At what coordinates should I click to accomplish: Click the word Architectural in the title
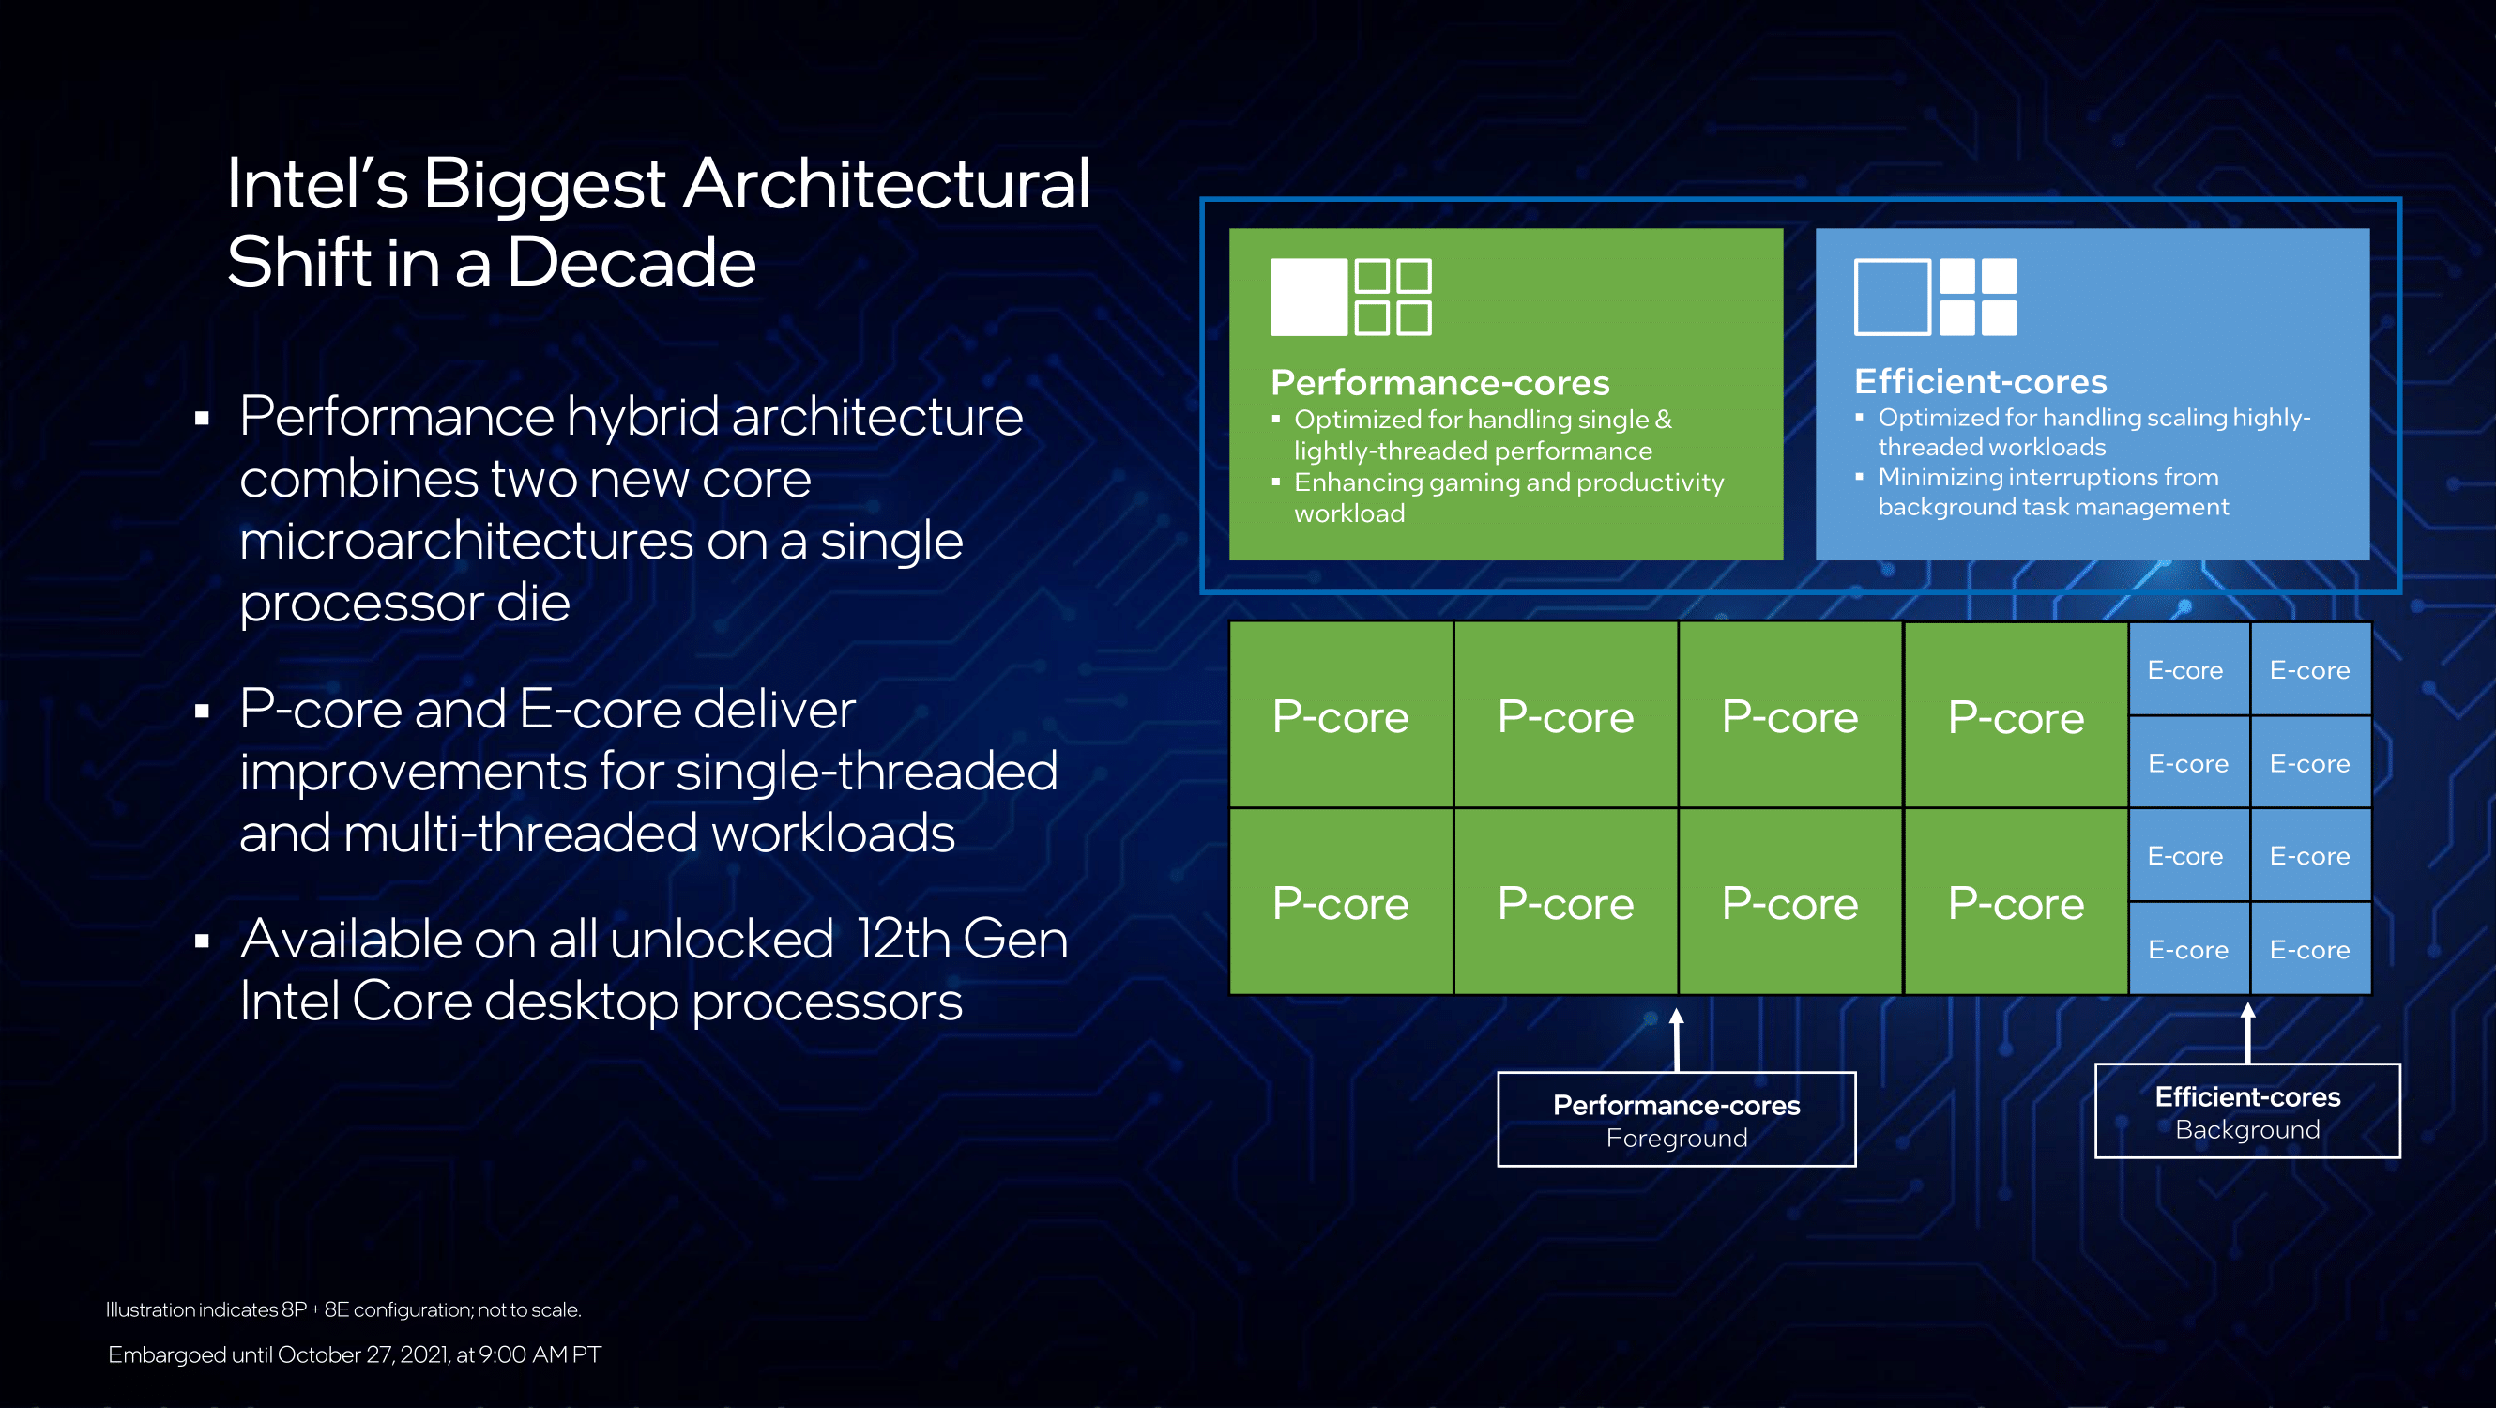887,184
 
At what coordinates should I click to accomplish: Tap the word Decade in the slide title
631,263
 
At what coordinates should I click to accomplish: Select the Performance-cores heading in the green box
1439,383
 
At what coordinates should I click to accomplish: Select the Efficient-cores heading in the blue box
1981,381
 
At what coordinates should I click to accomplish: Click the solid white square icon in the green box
1308,297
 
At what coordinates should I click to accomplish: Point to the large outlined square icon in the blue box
1893,297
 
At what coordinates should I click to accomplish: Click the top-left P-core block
1340,715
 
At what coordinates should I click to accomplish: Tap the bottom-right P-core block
2016,902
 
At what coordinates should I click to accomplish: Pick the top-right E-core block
2310,669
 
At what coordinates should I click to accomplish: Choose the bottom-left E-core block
2188,949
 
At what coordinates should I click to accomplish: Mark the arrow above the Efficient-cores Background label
2248,1032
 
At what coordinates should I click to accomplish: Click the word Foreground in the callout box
1676,1138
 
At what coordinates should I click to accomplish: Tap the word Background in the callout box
2247,1129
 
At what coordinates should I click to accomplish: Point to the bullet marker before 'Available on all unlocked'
202,941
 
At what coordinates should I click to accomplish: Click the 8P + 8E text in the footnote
315,1309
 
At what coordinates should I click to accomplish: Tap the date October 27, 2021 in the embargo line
363,1354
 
